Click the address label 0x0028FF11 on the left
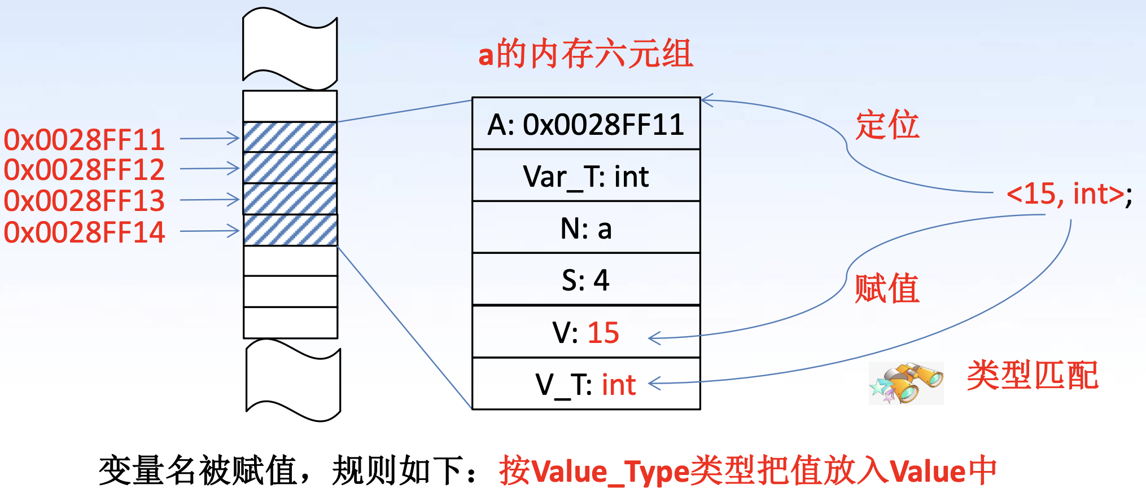(x=84, y=139)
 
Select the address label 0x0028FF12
(x=84, y=170)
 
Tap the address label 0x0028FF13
(x=84, y=201)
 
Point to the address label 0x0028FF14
(x=84, y=232)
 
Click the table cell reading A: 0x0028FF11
(x=586, y=124)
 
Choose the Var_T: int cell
(x=586, y=177)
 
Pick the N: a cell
(x=586, y=228)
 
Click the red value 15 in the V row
(x=603, y=332)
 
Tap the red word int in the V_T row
(x=619, y=385)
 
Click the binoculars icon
(x=906, y=383)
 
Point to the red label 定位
(x=887, y=125)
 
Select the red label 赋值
(x=887, y=288)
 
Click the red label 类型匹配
(x=1033, y=375)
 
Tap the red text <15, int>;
(x=1069, y=195)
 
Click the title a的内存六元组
(x=585, y=54)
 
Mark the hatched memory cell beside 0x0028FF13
(x=290, y=199)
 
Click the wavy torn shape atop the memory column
(x=290, y=49)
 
